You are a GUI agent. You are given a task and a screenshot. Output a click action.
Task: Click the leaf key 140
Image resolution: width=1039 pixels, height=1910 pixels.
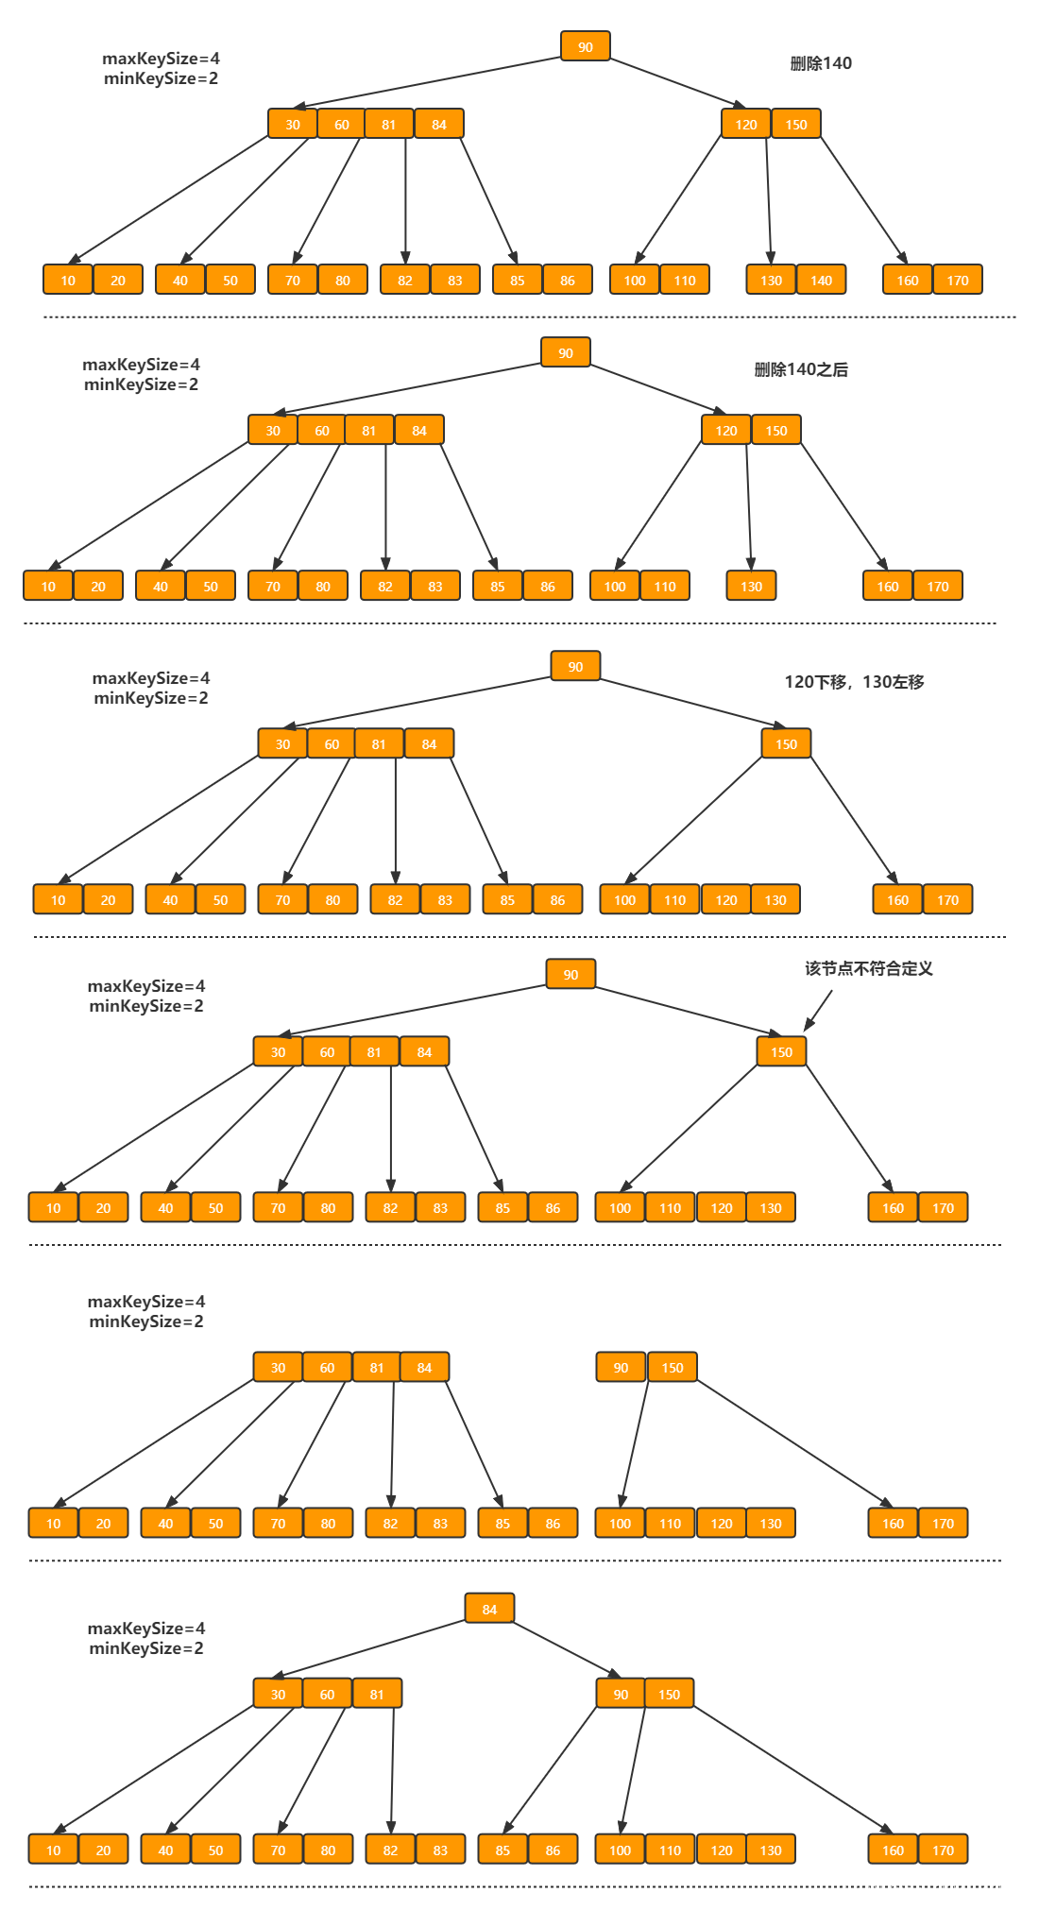822,281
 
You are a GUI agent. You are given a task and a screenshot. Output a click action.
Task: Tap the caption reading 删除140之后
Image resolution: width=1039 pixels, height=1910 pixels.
801,369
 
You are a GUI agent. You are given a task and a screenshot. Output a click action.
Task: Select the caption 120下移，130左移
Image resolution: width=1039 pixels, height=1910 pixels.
854,682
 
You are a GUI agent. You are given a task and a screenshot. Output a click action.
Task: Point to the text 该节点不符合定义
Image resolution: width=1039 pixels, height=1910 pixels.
869,968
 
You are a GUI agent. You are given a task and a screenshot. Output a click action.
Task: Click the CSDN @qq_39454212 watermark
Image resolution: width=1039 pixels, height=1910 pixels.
929,1890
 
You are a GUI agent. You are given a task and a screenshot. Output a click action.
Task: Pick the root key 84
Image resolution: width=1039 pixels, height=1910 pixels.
489,1610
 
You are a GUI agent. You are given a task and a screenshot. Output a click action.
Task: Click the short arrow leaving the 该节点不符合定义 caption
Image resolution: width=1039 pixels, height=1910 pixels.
818,1011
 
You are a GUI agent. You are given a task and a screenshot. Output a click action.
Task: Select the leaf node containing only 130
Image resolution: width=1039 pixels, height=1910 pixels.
751,587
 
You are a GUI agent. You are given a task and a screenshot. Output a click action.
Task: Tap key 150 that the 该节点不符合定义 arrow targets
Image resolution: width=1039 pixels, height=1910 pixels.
781,1052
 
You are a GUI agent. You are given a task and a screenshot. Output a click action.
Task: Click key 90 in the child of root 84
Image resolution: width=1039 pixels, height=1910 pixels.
621,1695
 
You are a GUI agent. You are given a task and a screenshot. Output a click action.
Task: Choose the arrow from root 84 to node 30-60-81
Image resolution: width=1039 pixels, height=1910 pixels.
368,1649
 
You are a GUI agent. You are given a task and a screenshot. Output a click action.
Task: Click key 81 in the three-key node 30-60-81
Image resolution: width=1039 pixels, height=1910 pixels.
377,1695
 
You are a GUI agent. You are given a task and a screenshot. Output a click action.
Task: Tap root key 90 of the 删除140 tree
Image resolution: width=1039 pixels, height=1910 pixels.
586,47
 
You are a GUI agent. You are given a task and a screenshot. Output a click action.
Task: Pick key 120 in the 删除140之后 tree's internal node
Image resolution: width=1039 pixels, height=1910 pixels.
726,431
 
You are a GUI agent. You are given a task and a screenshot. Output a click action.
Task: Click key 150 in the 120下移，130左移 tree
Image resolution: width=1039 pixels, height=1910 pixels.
786,744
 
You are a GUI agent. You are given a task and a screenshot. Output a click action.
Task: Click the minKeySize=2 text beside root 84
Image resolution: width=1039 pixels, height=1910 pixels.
146,1648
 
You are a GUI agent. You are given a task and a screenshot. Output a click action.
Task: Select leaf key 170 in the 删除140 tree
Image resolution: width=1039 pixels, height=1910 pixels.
958,281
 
